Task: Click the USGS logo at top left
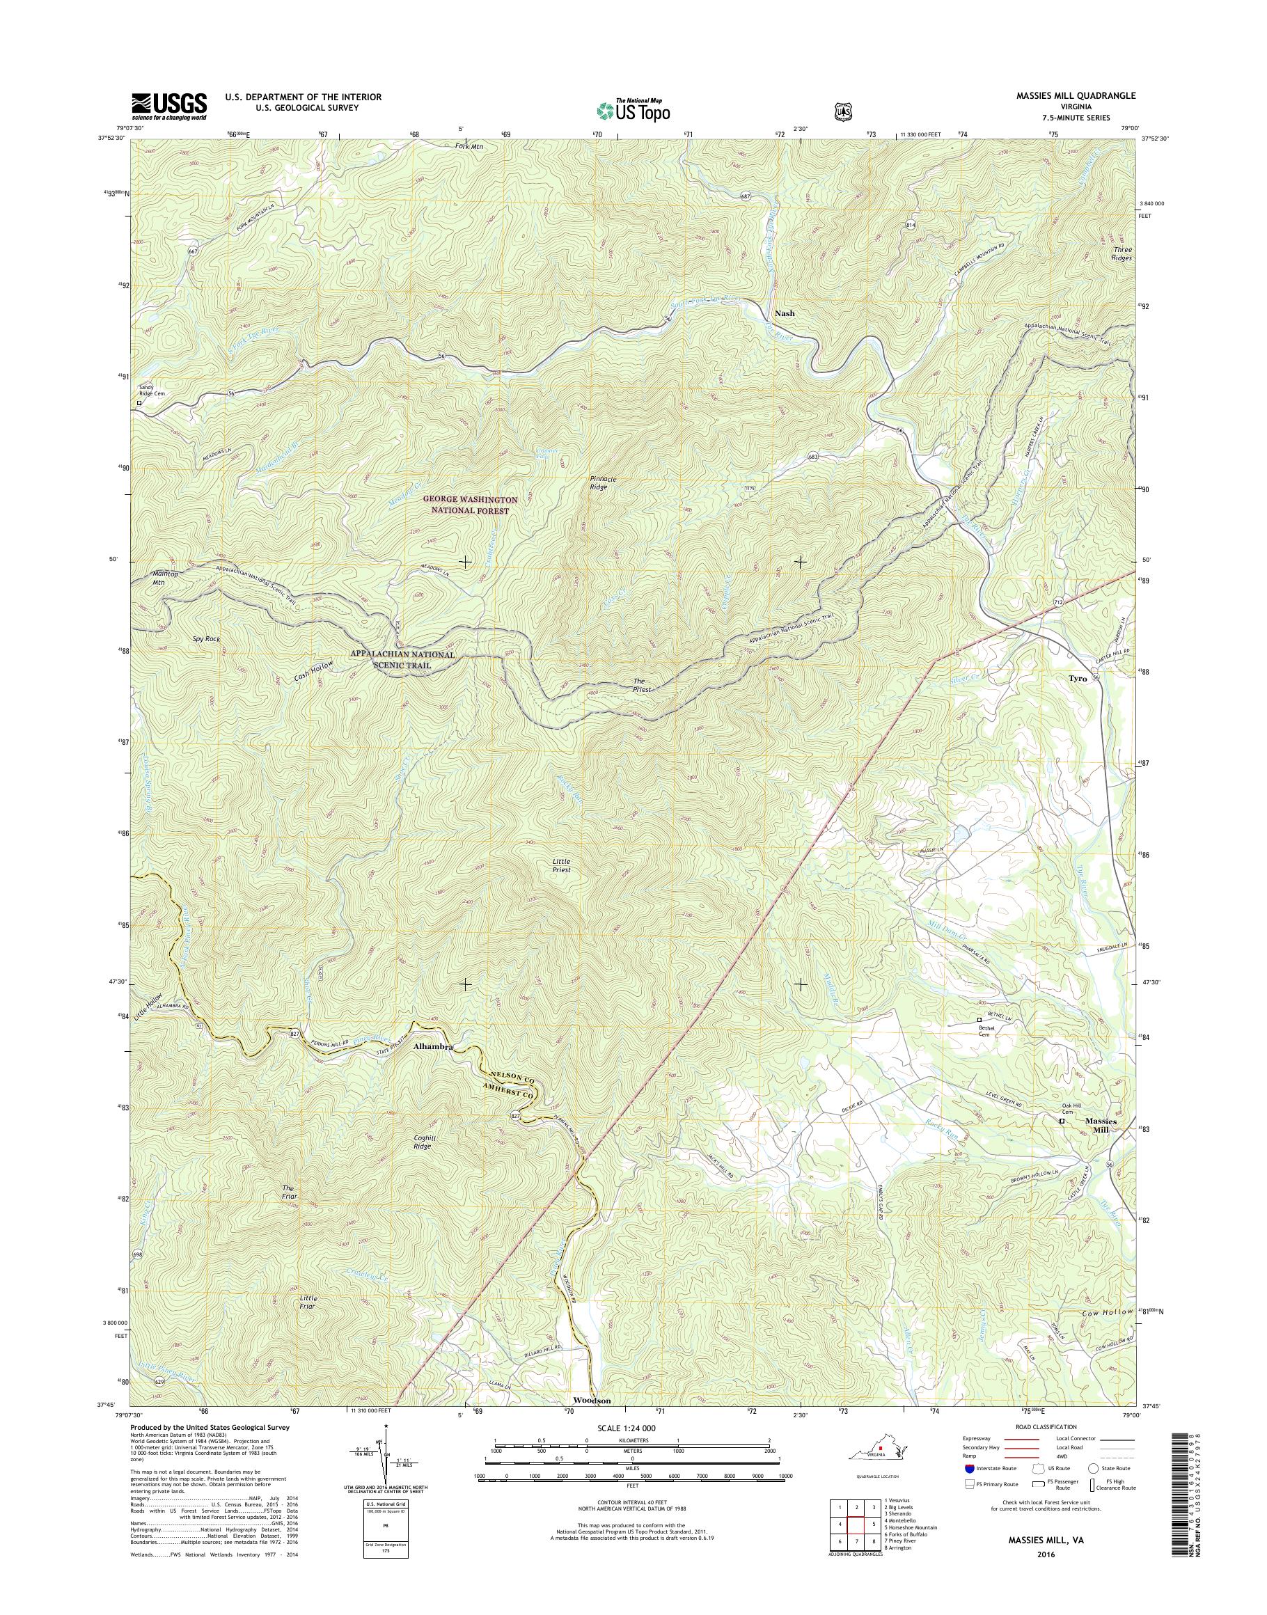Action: [169, 106]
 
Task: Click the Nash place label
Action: [784, 313]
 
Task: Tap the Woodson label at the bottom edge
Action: [592, 1401]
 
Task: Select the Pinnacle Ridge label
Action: [599, 483]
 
